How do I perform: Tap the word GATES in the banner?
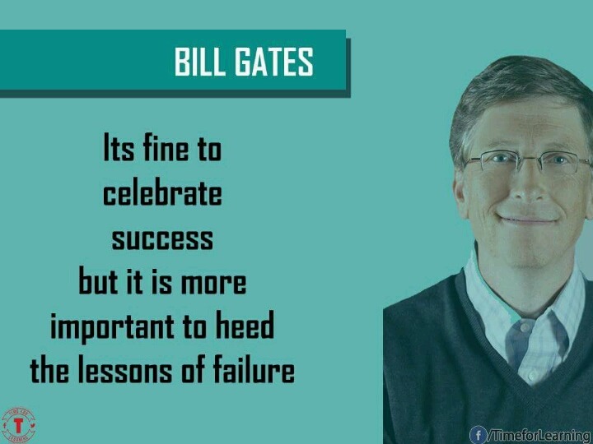pos(274,62)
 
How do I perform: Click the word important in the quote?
pos(113,327)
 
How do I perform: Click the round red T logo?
pos(18,425)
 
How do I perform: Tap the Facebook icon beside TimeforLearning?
pos(478,435)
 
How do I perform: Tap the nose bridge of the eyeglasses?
pos(526,159)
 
